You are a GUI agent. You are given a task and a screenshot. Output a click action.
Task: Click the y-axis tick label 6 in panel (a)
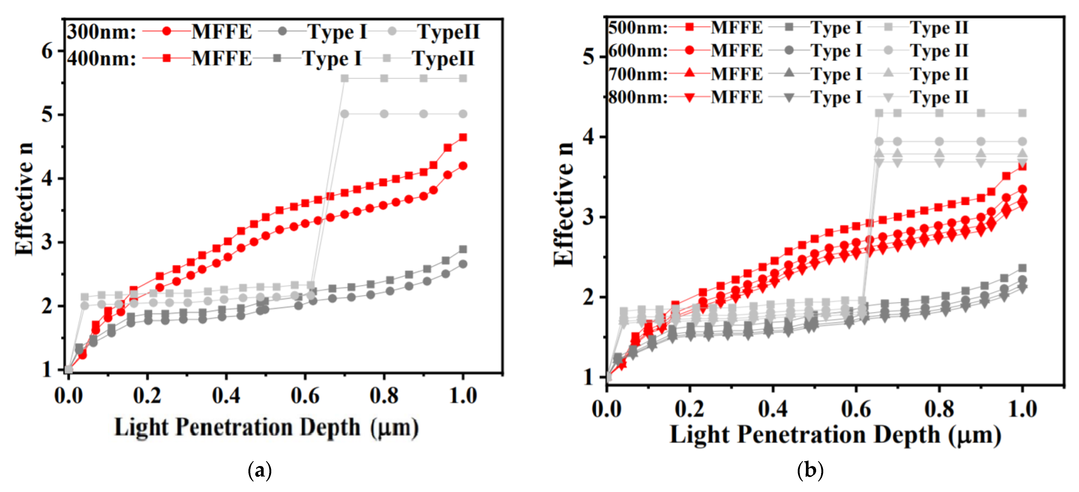pos(47,51)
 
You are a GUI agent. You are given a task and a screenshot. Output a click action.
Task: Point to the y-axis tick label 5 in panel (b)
pos(588,56)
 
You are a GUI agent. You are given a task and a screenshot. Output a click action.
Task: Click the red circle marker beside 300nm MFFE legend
pos(167,31)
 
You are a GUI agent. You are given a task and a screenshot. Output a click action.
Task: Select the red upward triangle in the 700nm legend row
pos(689,74)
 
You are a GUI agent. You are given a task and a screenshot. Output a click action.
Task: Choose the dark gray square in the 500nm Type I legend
pos(789,28)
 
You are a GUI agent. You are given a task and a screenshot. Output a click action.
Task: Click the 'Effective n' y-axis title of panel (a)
pos(24,199)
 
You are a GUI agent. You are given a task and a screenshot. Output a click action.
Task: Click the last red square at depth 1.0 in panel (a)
pos(463,137)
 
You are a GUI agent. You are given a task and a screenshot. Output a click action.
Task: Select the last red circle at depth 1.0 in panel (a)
pos(463,166)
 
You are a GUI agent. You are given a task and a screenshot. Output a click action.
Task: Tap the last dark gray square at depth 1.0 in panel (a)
pos(463,249)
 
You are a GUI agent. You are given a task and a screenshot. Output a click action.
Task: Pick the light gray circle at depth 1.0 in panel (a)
pos(463,114)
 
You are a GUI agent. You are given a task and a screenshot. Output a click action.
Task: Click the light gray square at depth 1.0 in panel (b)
pos(1023,113)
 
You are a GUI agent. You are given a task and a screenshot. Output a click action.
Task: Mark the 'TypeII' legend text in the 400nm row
pos(443,58)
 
